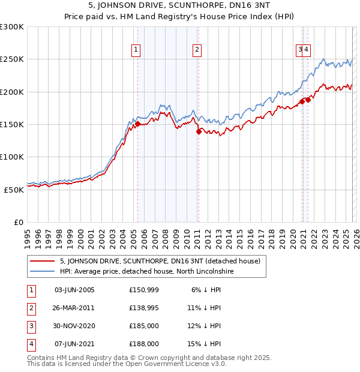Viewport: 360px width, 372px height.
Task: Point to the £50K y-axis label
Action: coord(14,189)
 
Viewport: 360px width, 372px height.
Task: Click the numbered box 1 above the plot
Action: coord(137,50)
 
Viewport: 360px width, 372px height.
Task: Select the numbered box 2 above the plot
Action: coord(197,50)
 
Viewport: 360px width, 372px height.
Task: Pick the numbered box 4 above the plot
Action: coord(306,50)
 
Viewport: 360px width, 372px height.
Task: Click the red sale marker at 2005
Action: coord(137,124)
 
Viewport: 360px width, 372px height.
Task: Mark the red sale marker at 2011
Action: coord(199,131)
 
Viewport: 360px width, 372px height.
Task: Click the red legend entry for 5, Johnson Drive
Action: coord(160,261)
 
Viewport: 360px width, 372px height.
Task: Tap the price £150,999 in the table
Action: coord(143,290)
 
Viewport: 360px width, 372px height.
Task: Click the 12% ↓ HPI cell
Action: coord(204,326)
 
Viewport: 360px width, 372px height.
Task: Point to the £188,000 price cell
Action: coord(143,344)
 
